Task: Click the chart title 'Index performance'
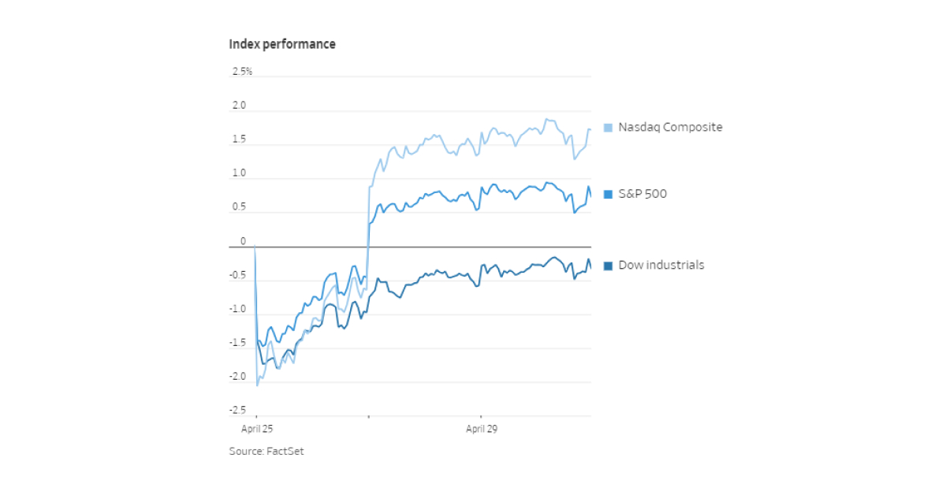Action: click(281, 44)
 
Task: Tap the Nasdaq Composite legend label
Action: click(670, 127)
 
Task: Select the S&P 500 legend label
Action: click(642, 194)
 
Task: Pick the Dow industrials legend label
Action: click(661, 265)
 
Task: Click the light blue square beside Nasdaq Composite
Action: click(608, 128)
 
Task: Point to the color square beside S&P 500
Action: click(608, 195)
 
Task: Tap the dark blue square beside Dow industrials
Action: click(608, 266)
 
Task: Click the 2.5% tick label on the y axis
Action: click(242, 72)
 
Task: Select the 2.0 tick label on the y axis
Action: click(239, 106)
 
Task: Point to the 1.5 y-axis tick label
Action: click(239, 140)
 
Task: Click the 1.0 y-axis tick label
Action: click(239, 173)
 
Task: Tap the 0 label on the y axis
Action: click(243, 241)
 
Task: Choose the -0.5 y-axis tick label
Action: click(237, 275)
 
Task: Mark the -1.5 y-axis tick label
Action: click(237, 343)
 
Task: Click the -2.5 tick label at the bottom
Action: click(237, 410)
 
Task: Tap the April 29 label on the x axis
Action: click(481, 430)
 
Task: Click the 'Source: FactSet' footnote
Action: click(266, 452)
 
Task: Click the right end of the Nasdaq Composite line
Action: click(590, 129)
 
